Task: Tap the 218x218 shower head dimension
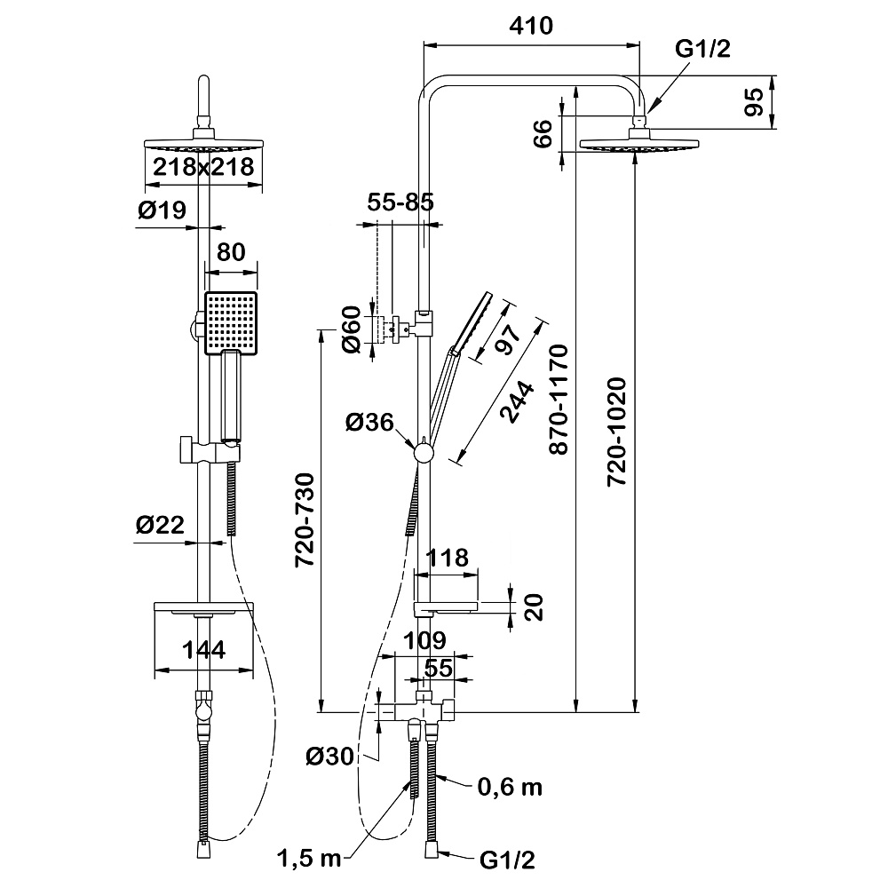[203, 166]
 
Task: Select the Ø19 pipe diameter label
[161, 210]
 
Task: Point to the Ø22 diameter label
[160, 526]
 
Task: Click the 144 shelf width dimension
[202, 649]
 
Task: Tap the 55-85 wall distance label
[400, 202]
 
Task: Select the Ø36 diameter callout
[370, 424]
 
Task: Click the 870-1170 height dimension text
[559, 400]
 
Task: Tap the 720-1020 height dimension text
[618, 432]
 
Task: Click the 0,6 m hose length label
[510, 787]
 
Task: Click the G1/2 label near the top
[703, 51]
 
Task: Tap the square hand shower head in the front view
[231, 321]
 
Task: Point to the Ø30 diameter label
[329, 757]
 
